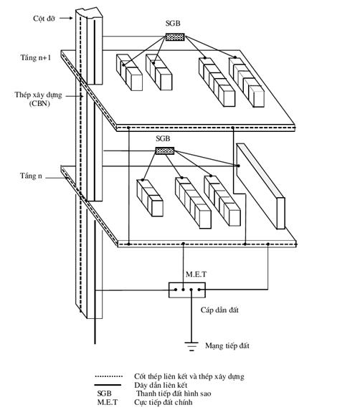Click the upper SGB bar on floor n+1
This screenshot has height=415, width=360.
click(x=175, y=37)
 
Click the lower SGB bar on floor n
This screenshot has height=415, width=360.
click(x=165, y=151)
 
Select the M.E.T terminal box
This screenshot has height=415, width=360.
click(x=187, y=290)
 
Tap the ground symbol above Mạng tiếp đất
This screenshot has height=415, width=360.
click(x=191, y=346)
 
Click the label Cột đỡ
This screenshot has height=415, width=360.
click(x=44, y=18)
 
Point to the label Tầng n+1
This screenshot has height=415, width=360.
click(x=35, y=57)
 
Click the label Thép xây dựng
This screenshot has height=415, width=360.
click(x=39, y=95)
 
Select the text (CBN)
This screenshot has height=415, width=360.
click(x=39, y=103)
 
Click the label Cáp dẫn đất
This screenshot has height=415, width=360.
click(x=219, y=310)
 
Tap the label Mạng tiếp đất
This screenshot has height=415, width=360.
click(x=227, y=345)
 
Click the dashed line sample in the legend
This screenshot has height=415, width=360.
click(x=108, y=376)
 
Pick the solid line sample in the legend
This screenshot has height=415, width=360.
click(x=108, y=385)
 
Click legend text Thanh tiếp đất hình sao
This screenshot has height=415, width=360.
click(x=174, y=393)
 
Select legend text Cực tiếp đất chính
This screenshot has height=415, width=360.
click(x=164, y=402)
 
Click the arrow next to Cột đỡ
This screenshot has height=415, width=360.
click(x=66, y=18)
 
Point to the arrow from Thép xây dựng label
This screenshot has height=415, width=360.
click(x=75, y=96)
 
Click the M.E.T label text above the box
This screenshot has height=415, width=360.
click(x=196, y=275)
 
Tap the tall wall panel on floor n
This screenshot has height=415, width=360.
click(x=260, y=186)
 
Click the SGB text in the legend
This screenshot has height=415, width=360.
click(x=105, y=393)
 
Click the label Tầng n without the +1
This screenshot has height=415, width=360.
click(x=31, y=176)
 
